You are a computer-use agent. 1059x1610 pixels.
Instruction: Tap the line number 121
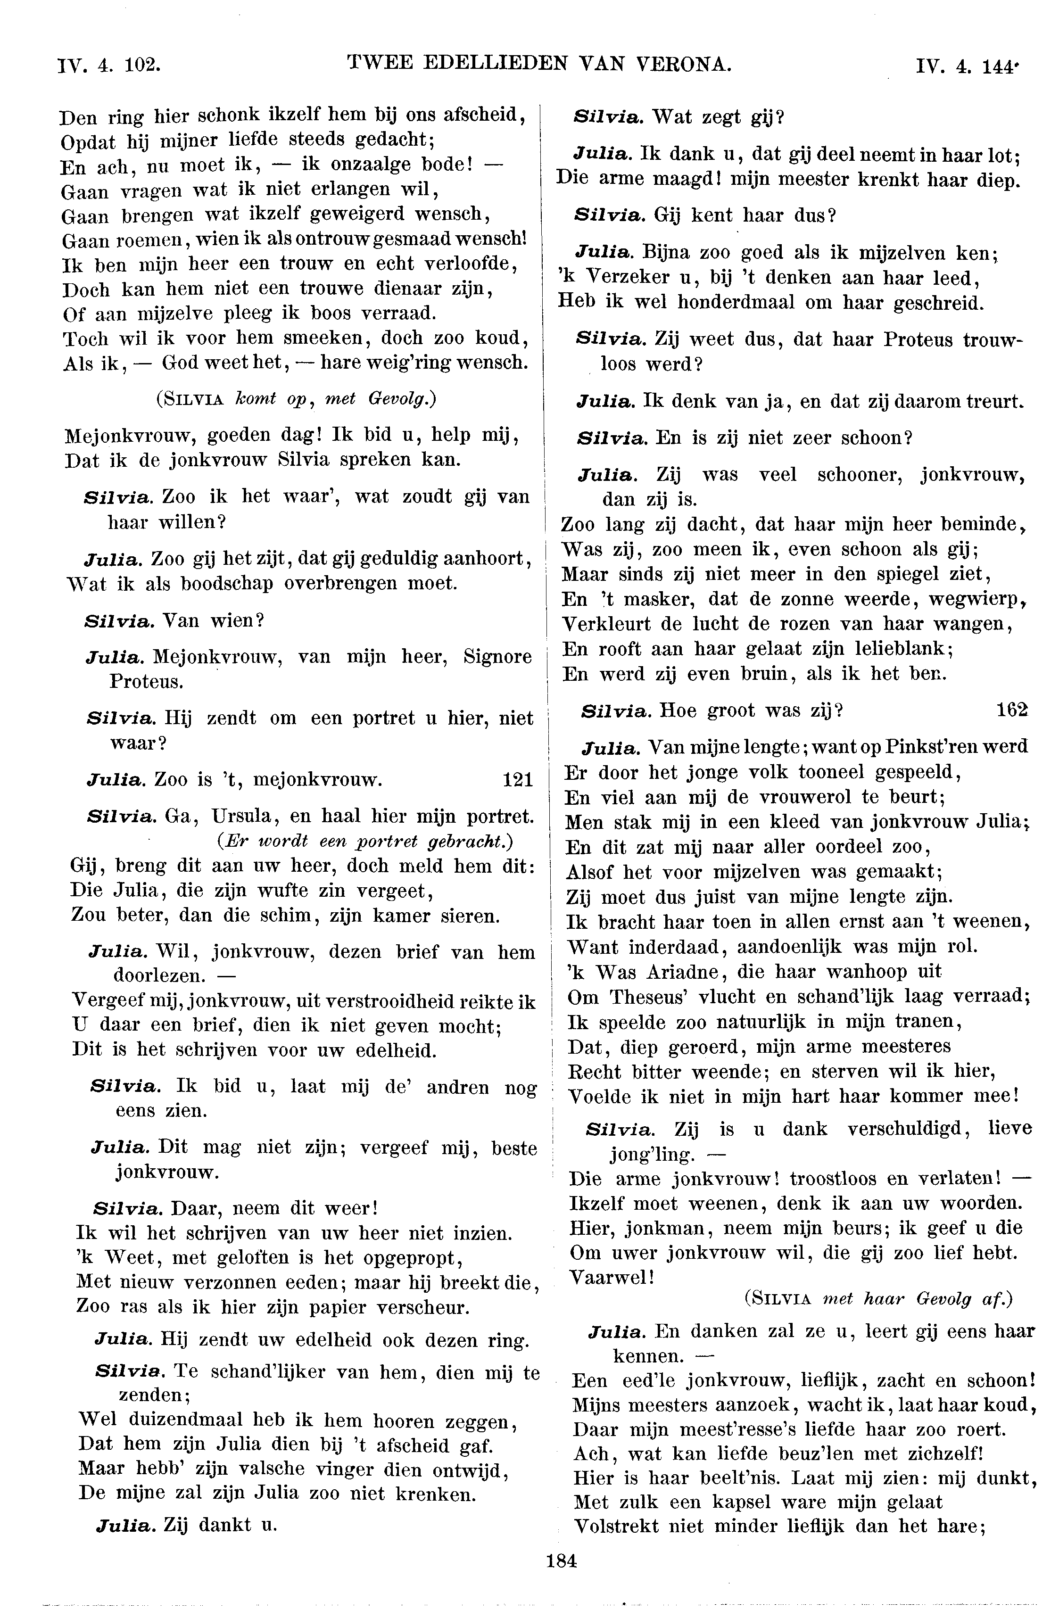pyautogui.click(x=518, y=780)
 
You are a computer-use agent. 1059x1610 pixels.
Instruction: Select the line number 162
pyautogui.click(x=1012, y=710)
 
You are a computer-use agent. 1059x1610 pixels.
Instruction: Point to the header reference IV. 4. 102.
pyautogui.click(x=109, y=65)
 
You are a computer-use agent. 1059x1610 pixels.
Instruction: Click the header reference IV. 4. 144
pyautogui.click(x=966, y=66)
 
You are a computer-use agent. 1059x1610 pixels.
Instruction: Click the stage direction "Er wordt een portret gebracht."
pyautogui.click(x=365, y=842)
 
